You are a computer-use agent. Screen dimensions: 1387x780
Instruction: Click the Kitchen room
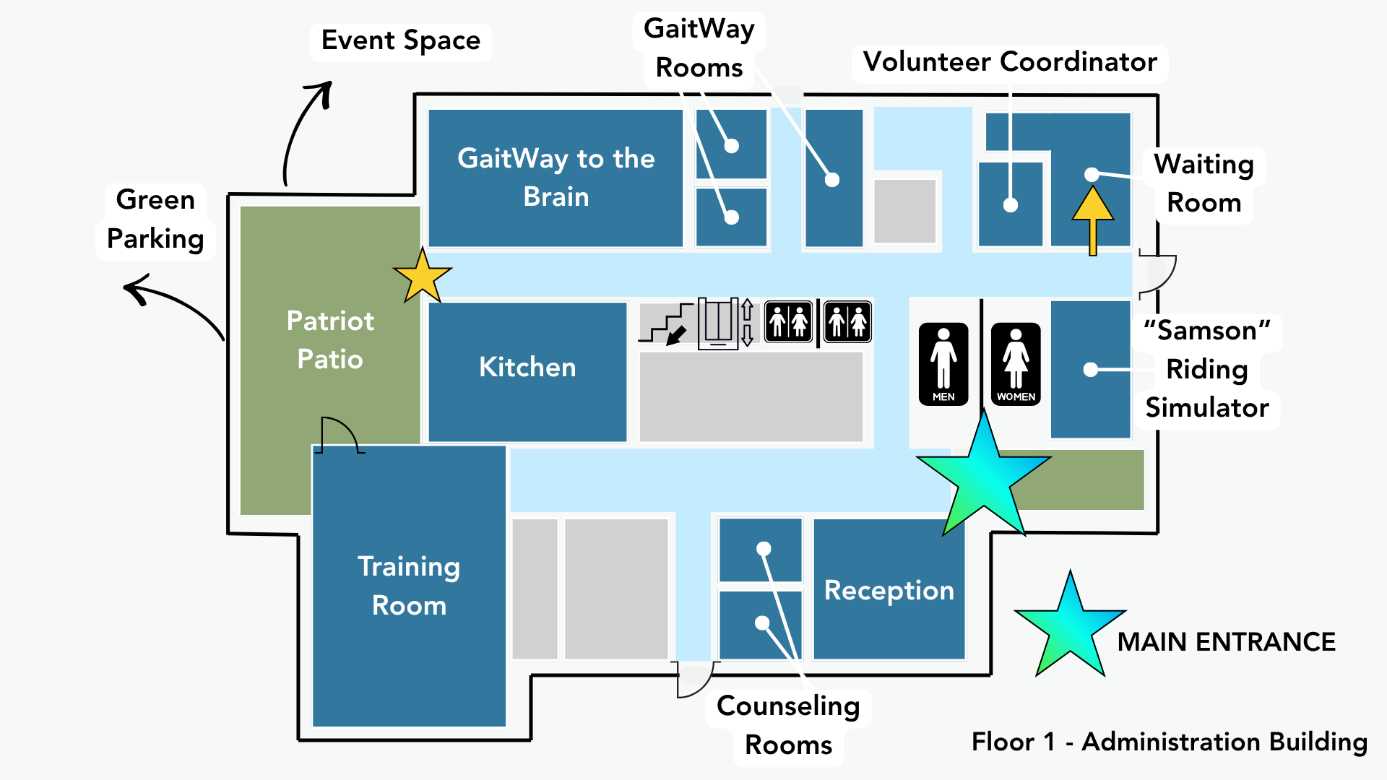pos(527,368)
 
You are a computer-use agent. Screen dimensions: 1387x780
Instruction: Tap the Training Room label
pos(409,586)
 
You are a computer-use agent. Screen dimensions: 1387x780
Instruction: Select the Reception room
pos(889,590)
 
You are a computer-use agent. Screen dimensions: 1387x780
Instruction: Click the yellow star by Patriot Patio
pos(423,276)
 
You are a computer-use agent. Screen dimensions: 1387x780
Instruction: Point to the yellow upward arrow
pos(1092,217)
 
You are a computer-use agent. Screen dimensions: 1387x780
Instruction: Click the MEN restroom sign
pos(943,364)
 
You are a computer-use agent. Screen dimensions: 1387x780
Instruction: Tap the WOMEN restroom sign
pos(1016,364)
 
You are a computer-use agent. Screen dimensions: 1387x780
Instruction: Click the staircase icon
pos(666,323)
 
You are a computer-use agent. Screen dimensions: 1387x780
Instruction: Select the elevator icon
pos(720,323)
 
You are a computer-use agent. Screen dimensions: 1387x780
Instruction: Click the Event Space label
pos(401,40)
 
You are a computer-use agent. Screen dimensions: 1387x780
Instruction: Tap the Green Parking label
pos(155,219)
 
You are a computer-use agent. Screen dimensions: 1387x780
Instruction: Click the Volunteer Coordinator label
pos(1010,62)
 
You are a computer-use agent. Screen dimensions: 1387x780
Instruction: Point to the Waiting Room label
pos(1204,183)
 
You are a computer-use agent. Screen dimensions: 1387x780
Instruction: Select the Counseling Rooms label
pos(788,725)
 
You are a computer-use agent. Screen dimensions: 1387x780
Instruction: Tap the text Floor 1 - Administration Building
pos(1169,742)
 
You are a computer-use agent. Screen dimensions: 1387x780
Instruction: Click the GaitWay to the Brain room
pos(556,177)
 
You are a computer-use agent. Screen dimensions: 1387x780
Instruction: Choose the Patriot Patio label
pos(330,339)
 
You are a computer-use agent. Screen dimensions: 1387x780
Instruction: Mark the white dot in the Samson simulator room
pos(1091,370)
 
